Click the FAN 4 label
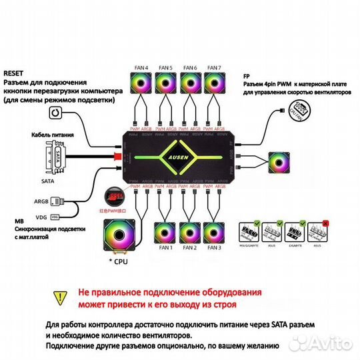(x=141, y=67)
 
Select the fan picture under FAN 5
(x=166, y=83)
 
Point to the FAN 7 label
(x=214, y=67)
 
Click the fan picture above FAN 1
(x=166, y=231)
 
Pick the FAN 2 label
(x=190, y=248)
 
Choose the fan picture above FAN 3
(x=214, y=231)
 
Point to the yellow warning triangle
(x=61, y=296)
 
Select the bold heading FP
(x=247, y=75)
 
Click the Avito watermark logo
(x=328, y=345)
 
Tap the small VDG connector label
(x=56, y=217)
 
